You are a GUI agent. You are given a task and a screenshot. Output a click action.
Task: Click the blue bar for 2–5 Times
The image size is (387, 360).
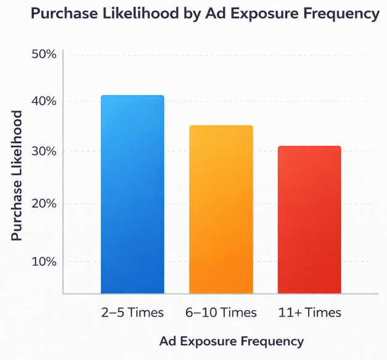point(132,194)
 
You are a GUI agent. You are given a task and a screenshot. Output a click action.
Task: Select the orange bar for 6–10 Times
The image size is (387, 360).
point(221,210)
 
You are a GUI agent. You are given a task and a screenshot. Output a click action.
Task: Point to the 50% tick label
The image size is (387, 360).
point(44,54)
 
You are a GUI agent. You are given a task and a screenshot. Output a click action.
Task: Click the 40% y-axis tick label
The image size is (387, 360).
point(44,101)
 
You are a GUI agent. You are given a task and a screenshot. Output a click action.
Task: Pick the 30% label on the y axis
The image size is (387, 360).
point(44,152)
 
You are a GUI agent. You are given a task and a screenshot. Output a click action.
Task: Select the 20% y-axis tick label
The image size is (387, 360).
point(44,203)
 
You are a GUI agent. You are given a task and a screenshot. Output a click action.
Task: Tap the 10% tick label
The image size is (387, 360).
point(44,261)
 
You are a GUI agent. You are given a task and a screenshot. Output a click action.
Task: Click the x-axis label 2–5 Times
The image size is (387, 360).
point(132,313)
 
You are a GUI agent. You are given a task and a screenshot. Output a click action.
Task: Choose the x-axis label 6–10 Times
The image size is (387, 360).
point(221,313)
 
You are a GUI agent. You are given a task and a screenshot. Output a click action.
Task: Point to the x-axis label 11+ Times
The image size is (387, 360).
point(309,313)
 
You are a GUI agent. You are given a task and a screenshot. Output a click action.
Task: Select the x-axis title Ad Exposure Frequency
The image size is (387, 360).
point(231,341)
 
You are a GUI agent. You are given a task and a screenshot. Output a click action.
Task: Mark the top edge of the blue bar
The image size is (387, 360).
point(132,96)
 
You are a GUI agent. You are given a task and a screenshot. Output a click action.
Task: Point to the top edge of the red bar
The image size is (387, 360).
point(309,147)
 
